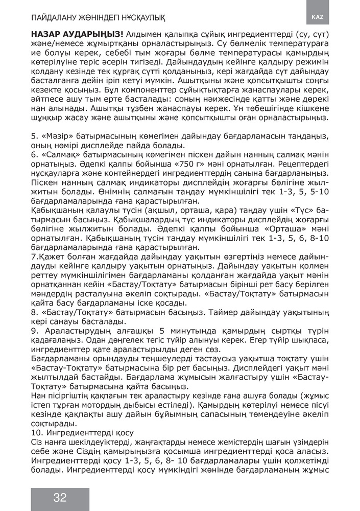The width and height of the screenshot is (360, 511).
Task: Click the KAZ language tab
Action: (x=318, y=16)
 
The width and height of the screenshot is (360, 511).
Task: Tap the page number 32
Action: (x=60, y=498)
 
